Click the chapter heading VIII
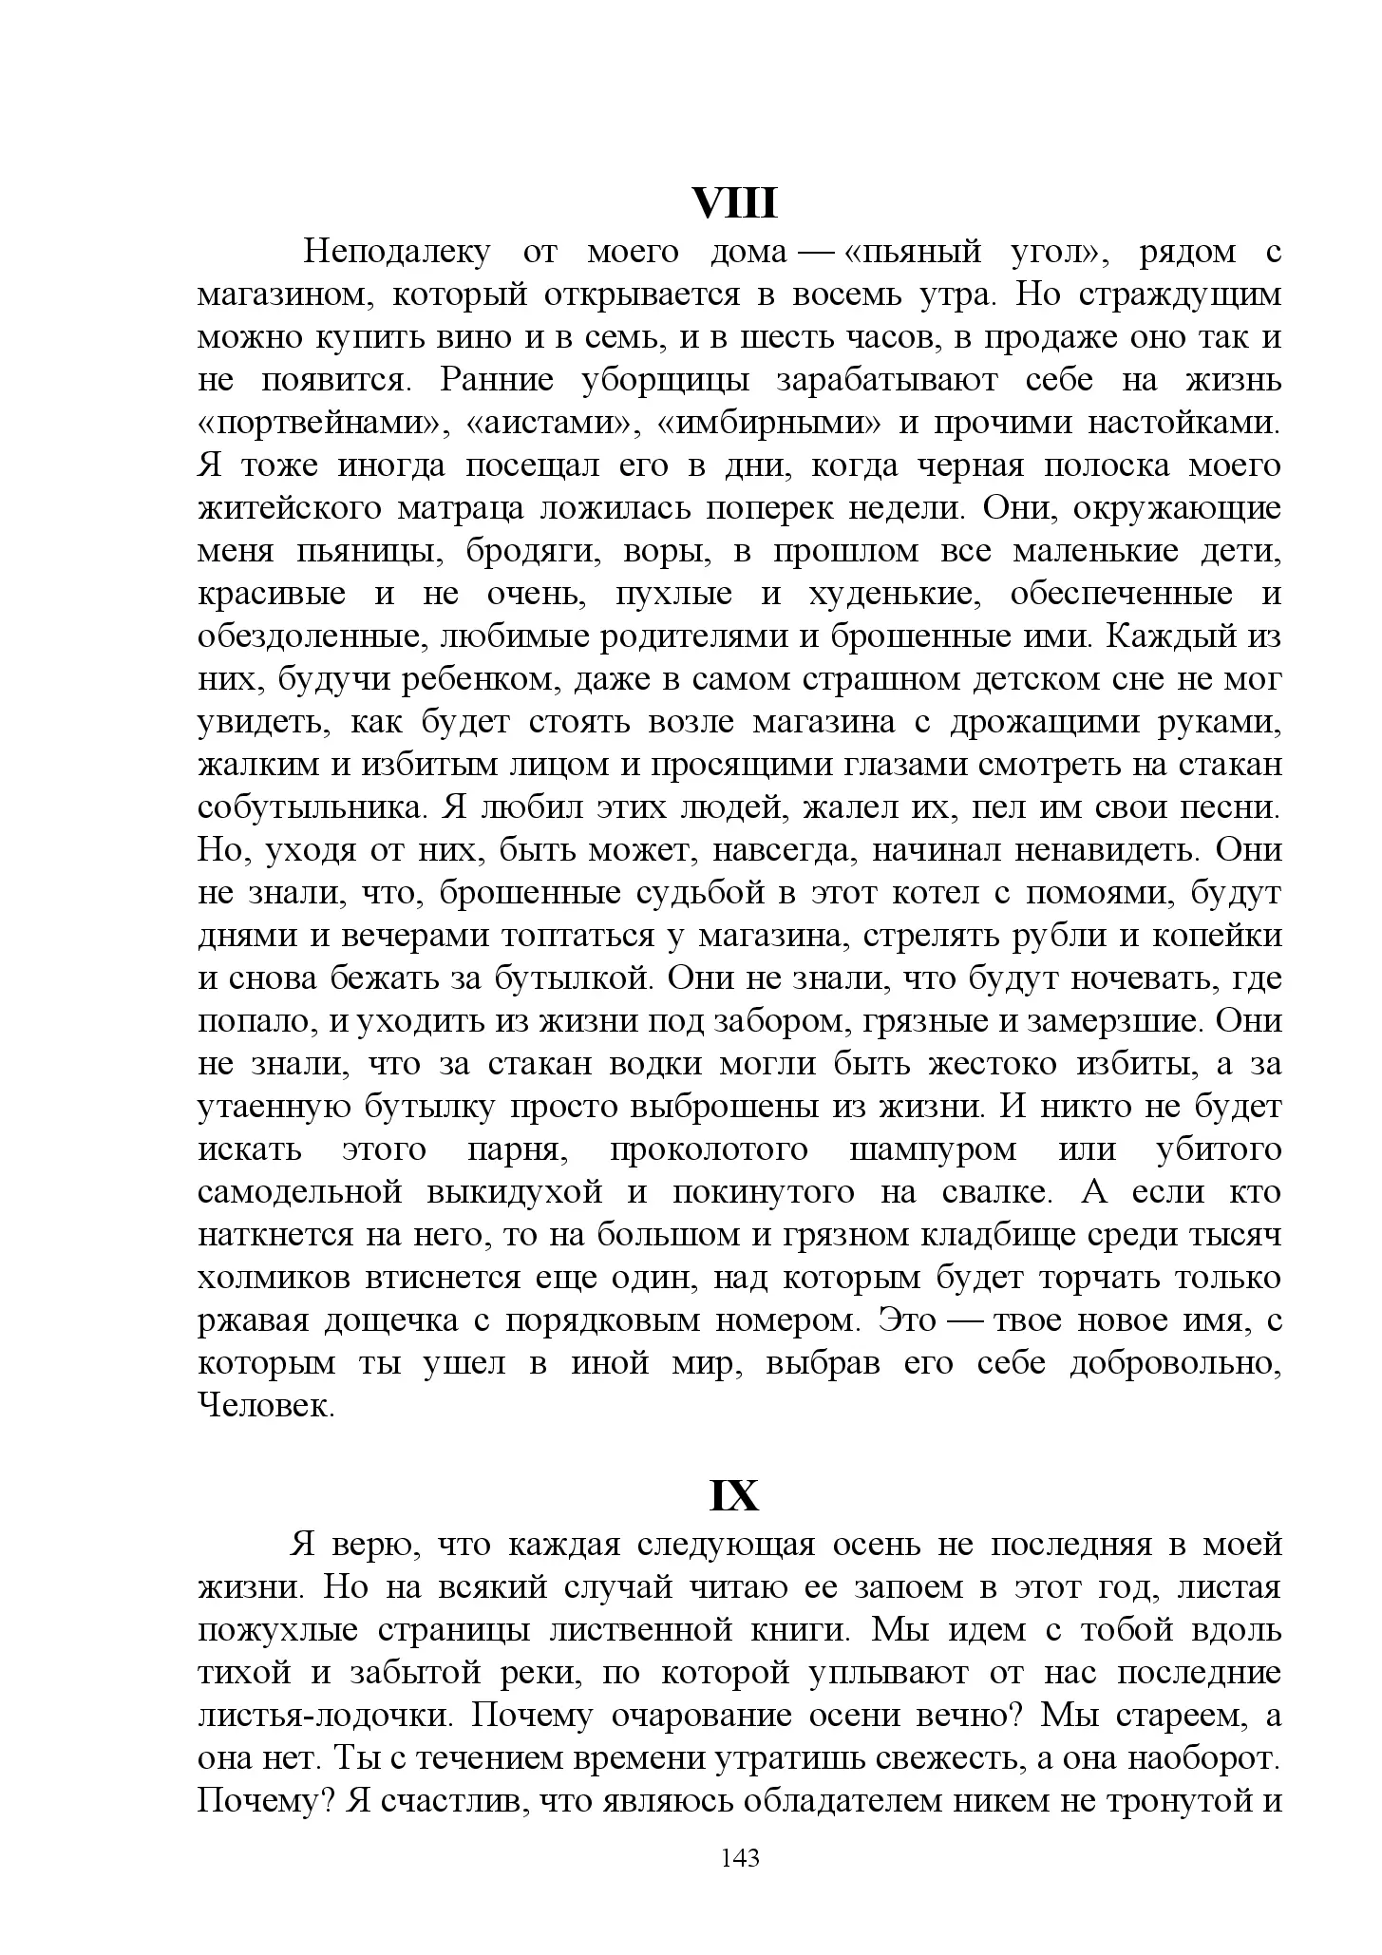pos(734,203)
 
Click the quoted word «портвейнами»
pos(320,423)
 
